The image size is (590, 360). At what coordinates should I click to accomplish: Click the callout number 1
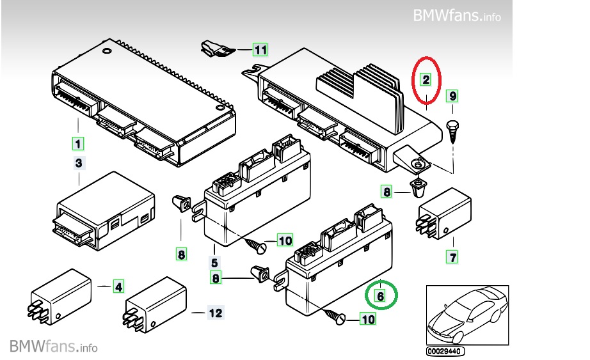point(77,141)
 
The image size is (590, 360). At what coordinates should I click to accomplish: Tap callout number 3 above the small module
point(79,164)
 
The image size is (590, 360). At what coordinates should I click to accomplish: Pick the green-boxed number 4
point(119,286)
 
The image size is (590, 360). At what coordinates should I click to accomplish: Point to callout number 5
point(214,262)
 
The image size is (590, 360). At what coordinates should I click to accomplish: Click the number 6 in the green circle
point(381,296)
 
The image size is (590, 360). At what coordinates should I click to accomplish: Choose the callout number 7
point(452,258)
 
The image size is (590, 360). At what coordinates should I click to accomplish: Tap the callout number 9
point(452,97)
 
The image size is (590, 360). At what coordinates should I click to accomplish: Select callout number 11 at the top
point(259,49)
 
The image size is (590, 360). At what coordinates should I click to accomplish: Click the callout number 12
point(215,313)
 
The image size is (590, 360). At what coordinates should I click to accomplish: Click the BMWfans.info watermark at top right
point(456,15)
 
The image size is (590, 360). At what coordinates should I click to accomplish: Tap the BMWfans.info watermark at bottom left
point(54,347)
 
